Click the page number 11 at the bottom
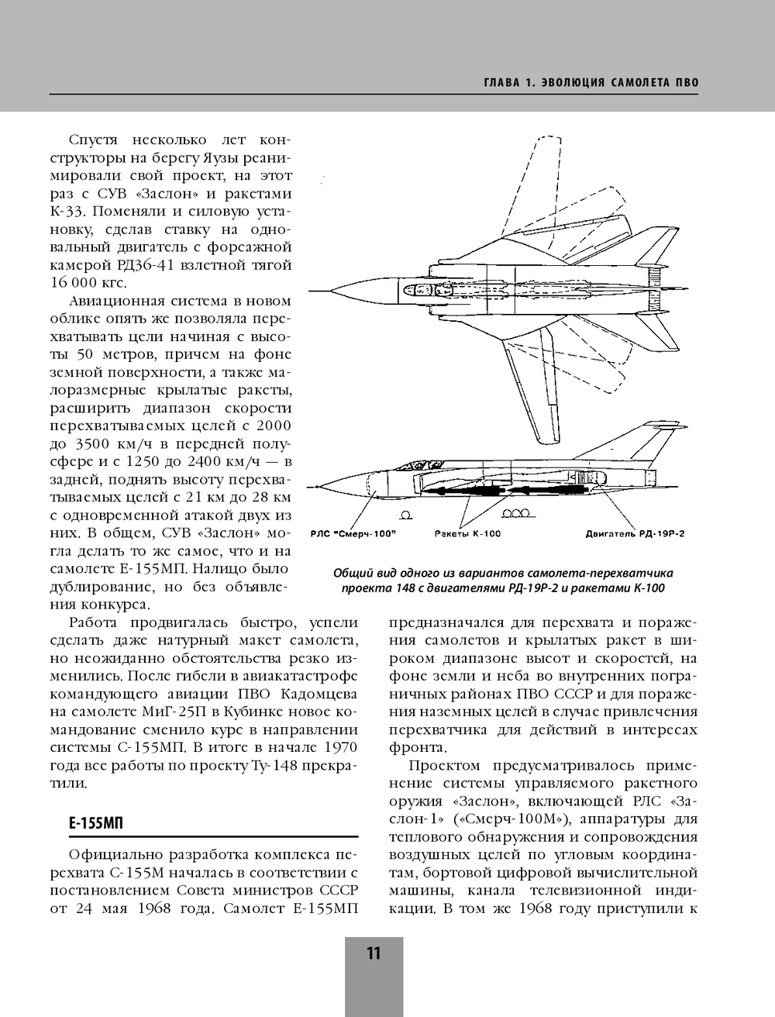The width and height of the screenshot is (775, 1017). click(x=374, y=953)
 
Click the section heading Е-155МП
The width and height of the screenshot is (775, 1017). click(x=96, y=823)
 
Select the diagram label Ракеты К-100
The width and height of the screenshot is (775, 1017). click(x=467, y=533)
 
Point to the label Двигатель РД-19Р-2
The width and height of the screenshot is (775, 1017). click(x=635, y=533)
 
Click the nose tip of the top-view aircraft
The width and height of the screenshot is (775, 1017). click(x=312, y=291)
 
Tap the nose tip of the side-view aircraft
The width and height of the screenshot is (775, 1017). click(x=309, y=488)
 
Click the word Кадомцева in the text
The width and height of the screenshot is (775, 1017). click(x=319, y=694)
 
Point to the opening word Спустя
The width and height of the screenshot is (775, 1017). click(x=94, y=140)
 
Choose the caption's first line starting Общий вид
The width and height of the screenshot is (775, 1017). click(x=503, y=574)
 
